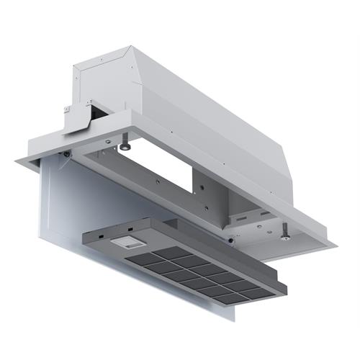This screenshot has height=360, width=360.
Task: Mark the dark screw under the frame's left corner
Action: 66,153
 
